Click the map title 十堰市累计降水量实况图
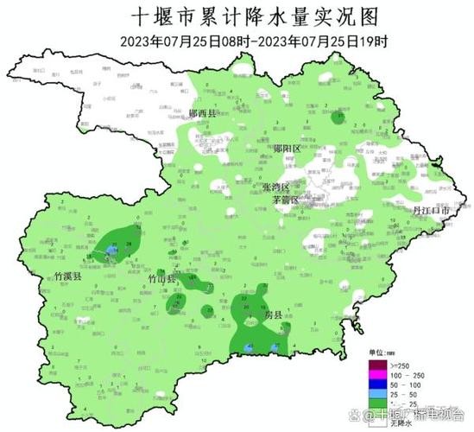click(x=236, y=16)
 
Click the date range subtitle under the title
click(x=236, y=41)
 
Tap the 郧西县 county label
click(x=205, y=113)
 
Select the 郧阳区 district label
click(x=286, y=149)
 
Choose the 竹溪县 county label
click(x=67, y=276)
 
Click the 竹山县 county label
click(x=161, y=279)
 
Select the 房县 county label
click(x=273, y=316)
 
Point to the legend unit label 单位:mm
click(x=381, y=357)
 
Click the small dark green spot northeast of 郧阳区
click(x=340, y=117)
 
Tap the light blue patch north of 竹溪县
click(x=111, y=251)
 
